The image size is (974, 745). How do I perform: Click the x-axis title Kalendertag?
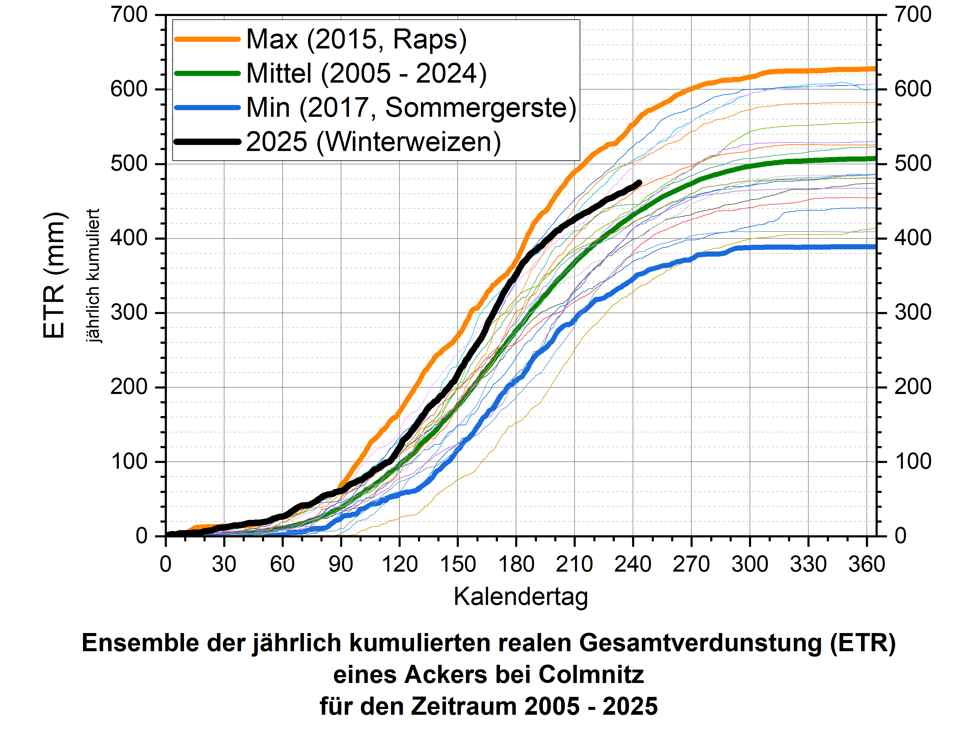521,596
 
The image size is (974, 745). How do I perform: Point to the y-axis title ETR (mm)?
54,275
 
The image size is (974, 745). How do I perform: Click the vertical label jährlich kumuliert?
93,275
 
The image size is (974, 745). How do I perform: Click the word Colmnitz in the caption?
591,675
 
